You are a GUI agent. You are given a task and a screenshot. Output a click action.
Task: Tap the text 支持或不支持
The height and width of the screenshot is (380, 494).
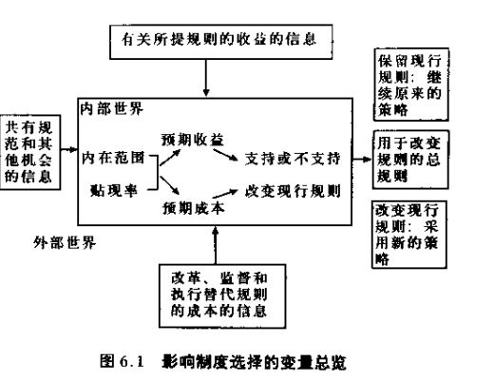coord(301,156)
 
